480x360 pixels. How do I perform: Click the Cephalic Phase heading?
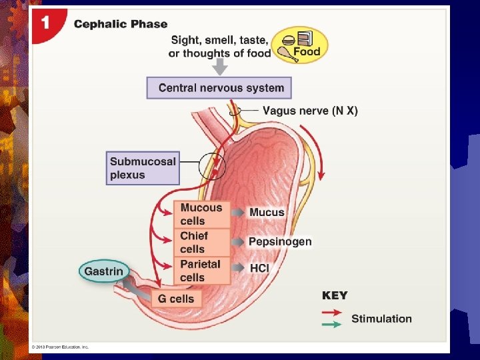(121, 24)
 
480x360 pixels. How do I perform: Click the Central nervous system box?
(219, 88)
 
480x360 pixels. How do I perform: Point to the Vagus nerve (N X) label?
(310, 111)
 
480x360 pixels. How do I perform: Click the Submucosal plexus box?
(143, 168)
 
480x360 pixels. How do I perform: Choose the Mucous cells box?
(201, 214)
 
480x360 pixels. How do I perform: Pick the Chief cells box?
(201, 242)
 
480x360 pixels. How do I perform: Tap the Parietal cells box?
(201, 270)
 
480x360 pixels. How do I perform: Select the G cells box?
(177, 298)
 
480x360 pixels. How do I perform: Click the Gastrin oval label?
(103, 271)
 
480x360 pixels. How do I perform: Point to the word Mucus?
(267, 213)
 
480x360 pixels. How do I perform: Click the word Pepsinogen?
(280, 241)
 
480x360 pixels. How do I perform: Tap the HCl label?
(259, 267)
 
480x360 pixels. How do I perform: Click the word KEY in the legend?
(335, 295)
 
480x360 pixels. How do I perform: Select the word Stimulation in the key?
(381, 319)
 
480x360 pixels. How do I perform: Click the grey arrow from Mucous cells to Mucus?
(238, 213)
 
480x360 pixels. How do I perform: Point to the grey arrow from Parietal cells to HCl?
(238, 267)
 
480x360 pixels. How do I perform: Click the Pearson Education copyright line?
(60, 347)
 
